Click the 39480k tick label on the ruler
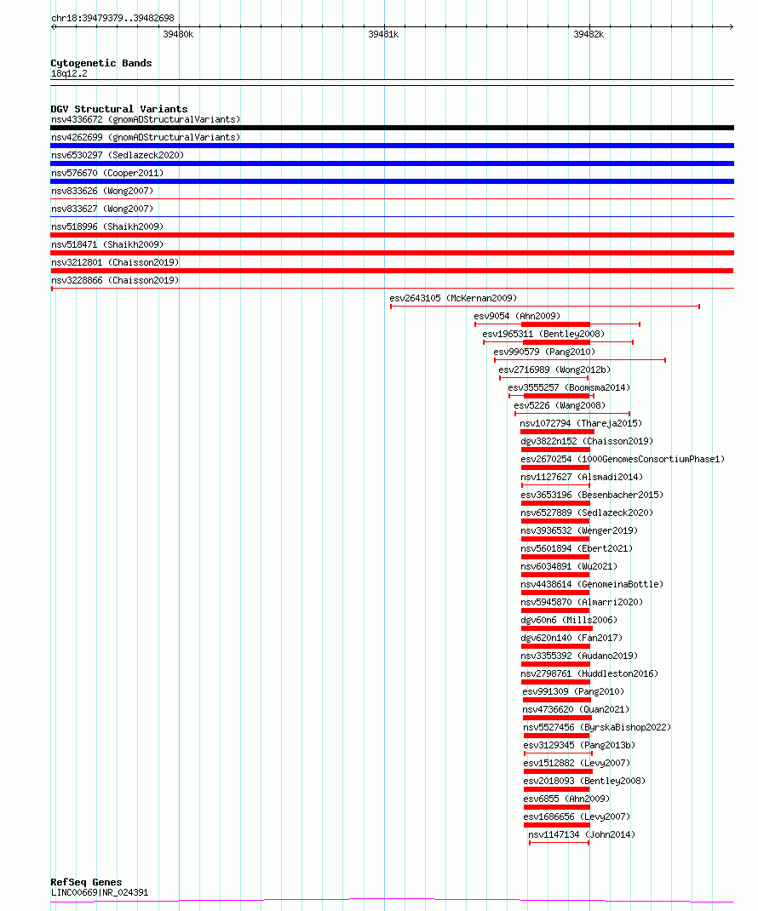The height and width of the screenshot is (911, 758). click(x=178, y=35)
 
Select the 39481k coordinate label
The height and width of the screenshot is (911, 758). click(x=383, y=35)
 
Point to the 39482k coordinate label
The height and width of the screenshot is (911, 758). click(x=589, y=35)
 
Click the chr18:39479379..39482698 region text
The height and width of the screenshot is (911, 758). click(x=112, y=18)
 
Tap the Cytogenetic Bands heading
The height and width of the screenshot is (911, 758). click(x=101, y=63)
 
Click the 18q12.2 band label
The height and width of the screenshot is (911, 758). click(x=69, y=74)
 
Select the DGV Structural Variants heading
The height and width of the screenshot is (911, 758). click(x=119, y=109)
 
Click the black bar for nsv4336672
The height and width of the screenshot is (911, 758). click(x=393, y=128)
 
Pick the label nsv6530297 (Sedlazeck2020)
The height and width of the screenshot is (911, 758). click(x=118, y=155)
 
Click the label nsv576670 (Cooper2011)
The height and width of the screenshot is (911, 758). click(x=107, y=173)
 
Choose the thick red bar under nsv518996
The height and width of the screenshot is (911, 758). click(x=393, y=235)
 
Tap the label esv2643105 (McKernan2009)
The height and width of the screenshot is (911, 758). click(x=453, y=299)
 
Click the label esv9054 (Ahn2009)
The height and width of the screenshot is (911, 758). click(x=517, y=316)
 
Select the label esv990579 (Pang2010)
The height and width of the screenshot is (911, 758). click(x=545, y=352)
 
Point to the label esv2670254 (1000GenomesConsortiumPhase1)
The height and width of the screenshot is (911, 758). click(x=623, y=460)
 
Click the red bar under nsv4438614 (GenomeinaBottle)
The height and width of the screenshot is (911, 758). click(x=555, y=593)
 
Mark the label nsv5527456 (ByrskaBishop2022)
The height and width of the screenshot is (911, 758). click(x=597, y=727)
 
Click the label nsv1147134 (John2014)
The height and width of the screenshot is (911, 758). click(x=582, y=835)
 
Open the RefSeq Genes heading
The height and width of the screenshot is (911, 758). click(x=86, y=882)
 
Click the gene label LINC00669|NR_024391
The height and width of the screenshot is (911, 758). click(x=100, y=893)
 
